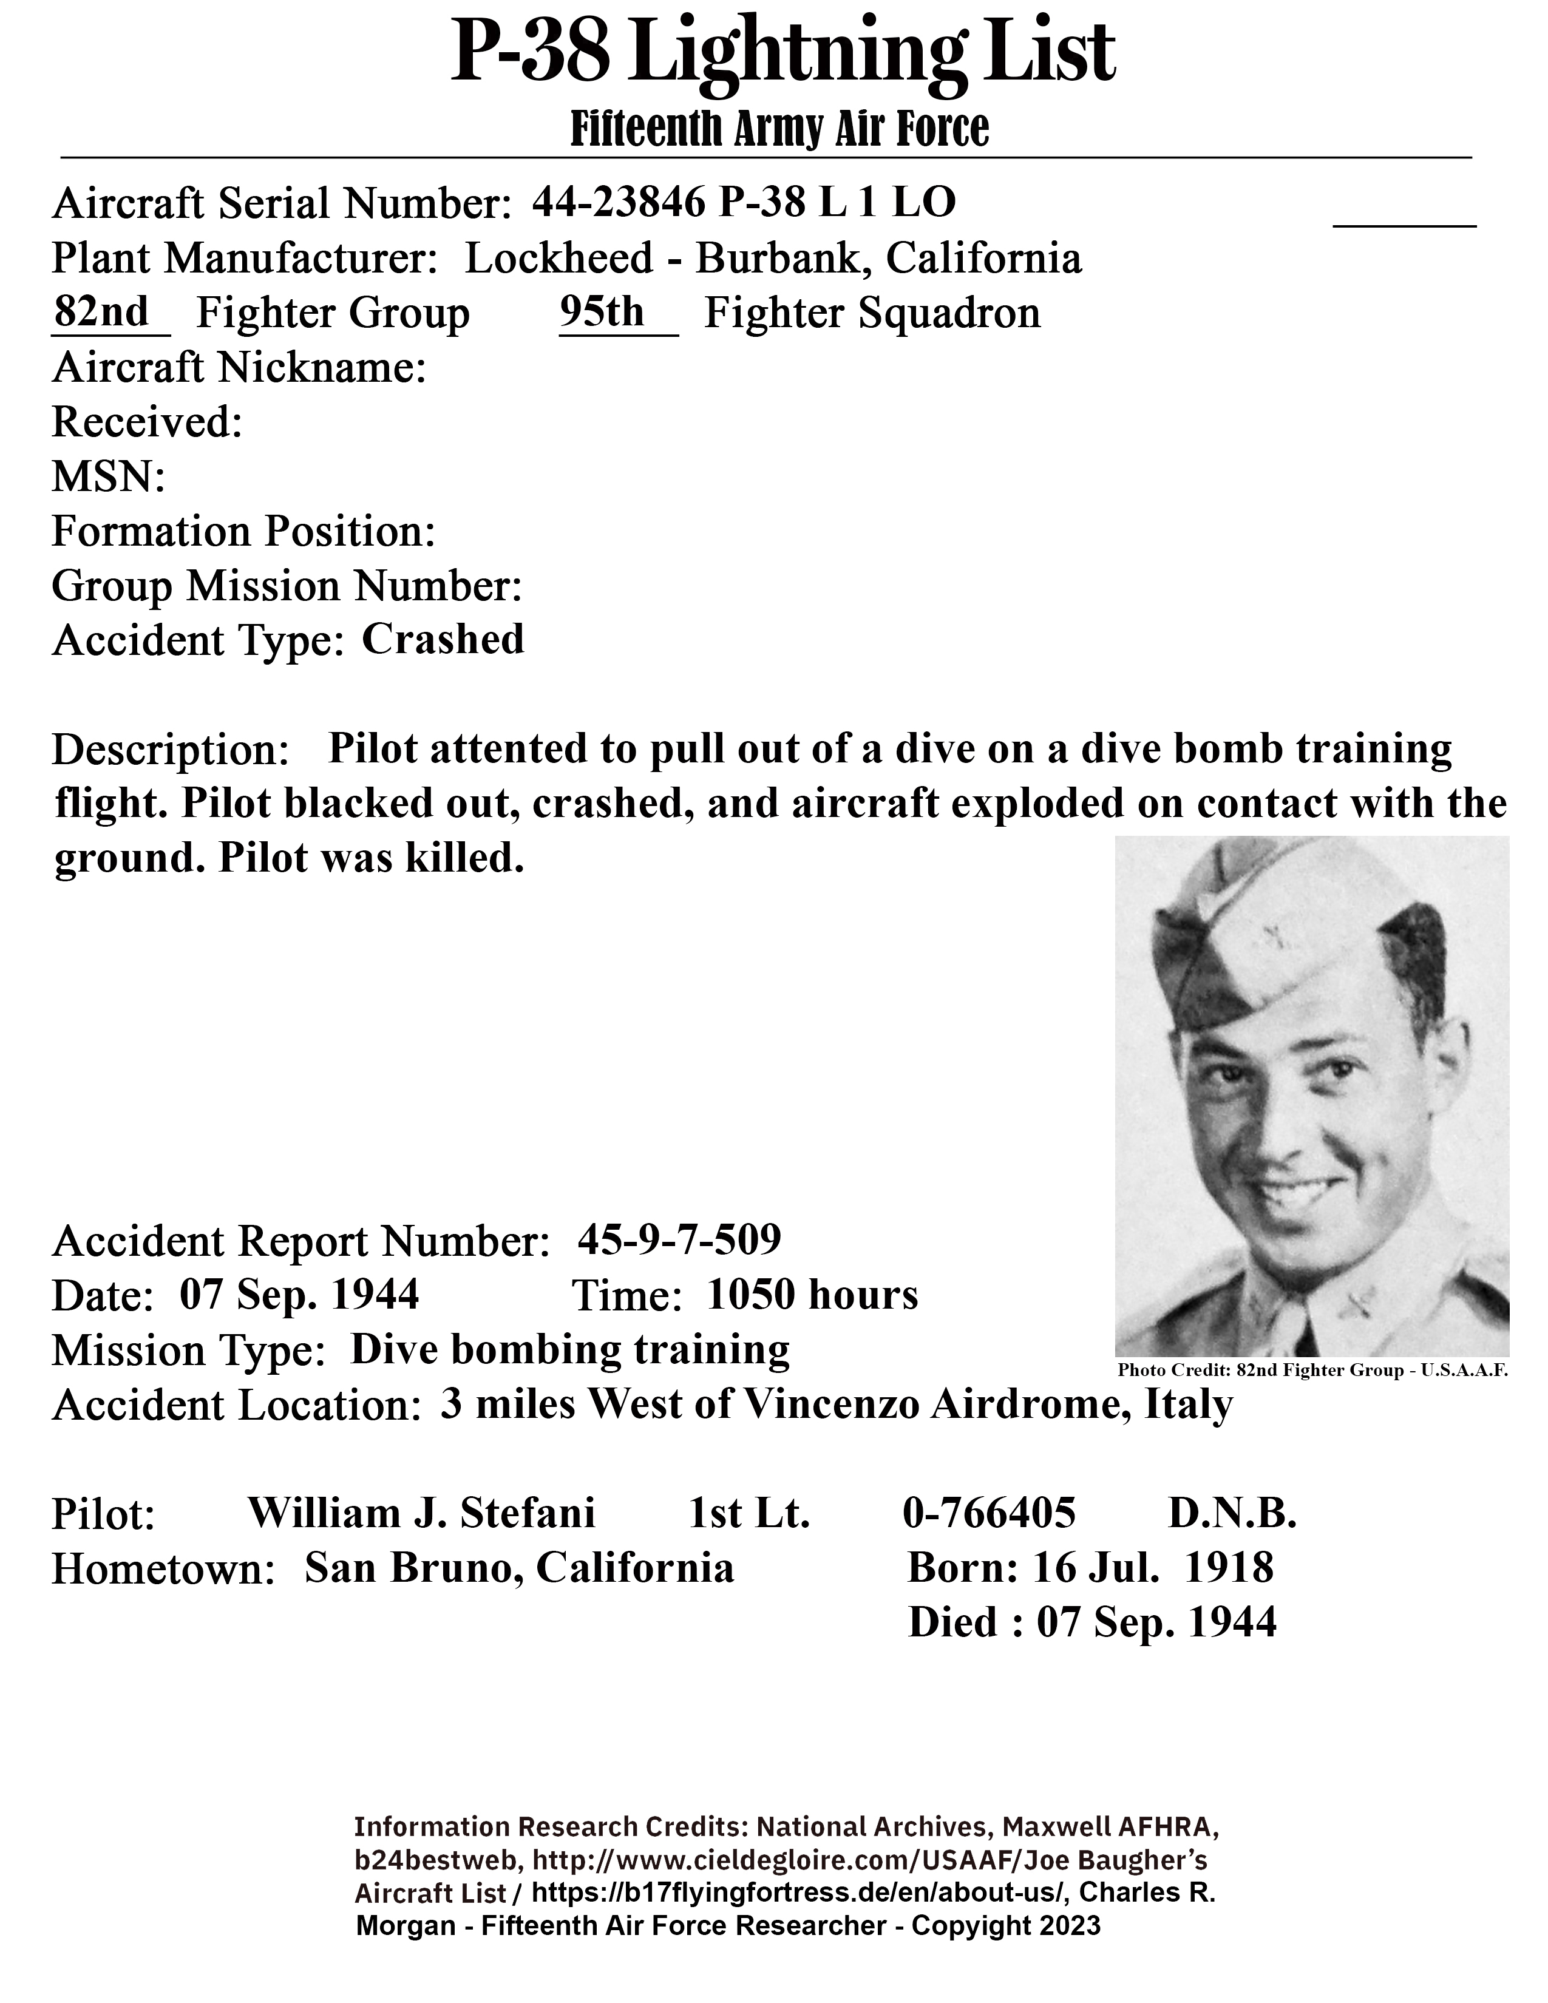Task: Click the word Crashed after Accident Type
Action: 443,639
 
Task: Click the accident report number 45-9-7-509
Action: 679,1240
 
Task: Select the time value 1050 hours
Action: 812,1295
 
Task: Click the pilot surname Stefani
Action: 528,1513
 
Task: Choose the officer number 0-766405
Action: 988,1513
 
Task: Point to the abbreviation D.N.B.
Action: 1232,1513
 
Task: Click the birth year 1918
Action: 1229,1568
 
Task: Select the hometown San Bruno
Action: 413,1568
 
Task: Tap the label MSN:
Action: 108,477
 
